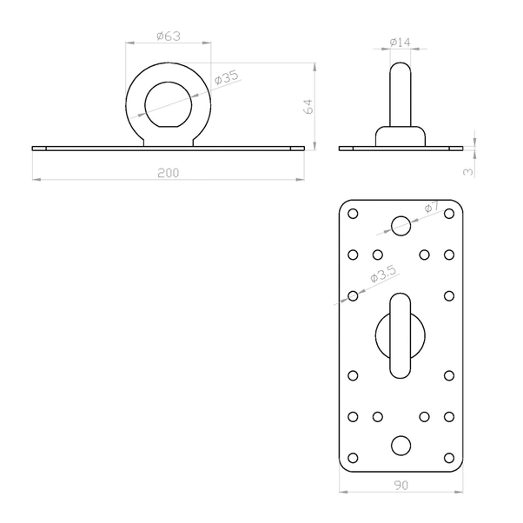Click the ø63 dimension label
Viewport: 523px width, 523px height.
pos(169,36)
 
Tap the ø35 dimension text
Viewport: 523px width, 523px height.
pos(227,77)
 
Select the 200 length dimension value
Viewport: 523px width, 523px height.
pos(169,173)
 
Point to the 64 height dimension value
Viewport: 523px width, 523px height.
pos(309,106)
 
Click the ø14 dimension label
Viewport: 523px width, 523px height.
pos(401,43)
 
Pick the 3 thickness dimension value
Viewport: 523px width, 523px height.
pos(468,172)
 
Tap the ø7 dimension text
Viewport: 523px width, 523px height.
pos(433,207)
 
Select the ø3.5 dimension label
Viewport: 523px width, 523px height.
pos(384,275)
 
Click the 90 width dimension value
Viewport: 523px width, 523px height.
pos(401,486)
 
